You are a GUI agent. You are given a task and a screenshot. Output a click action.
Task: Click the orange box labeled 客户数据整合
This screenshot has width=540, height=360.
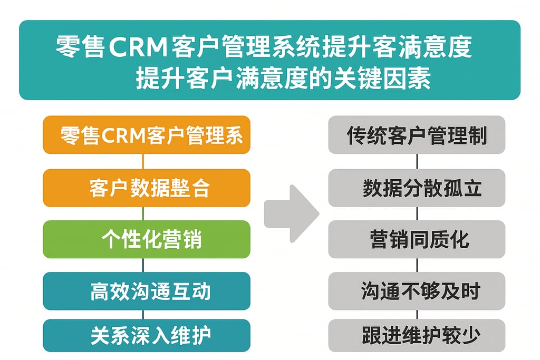pos(147,188)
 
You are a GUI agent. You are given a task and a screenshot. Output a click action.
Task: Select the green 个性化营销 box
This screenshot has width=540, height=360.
pos(147,239)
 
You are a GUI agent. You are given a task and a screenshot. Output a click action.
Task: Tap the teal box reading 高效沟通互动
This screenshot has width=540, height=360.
pos(147,291)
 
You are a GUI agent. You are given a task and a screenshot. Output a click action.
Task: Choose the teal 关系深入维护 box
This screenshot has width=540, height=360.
pos(147,336)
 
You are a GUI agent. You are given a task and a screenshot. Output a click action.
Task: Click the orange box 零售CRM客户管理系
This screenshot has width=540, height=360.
pos(147,135)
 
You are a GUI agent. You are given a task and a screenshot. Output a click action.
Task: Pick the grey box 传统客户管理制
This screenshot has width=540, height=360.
pos(417,135)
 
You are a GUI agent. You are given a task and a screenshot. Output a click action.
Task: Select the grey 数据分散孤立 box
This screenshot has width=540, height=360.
pos(417,188)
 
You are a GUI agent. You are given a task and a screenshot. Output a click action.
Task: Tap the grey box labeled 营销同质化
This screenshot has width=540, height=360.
pos(417,239)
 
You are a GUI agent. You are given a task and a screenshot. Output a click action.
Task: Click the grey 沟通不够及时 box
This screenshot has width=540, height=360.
pos(417,291)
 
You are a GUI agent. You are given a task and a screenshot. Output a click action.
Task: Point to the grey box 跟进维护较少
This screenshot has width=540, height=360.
pos(417,336)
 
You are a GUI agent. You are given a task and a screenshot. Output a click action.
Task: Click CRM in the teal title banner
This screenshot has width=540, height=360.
pos(139,48)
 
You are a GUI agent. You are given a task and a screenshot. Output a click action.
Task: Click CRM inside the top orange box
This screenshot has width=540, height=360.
pos(122,135)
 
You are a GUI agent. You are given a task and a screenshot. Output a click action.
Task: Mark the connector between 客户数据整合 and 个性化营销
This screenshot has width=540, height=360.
pos(143,213)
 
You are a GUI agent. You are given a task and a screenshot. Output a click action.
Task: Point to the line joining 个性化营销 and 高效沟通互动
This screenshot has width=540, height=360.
pos(143,265)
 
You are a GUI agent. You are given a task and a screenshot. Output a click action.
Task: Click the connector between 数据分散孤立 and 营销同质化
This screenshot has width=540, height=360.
pos(417,213)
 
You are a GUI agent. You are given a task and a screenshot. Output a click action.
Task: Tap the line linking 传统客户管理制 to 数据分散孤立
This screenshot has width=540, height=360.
pos(417,161)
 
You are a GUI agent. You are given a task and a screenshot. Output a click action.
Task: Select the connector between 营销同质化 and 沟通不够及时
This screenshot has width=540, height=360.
pos(417,265)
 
